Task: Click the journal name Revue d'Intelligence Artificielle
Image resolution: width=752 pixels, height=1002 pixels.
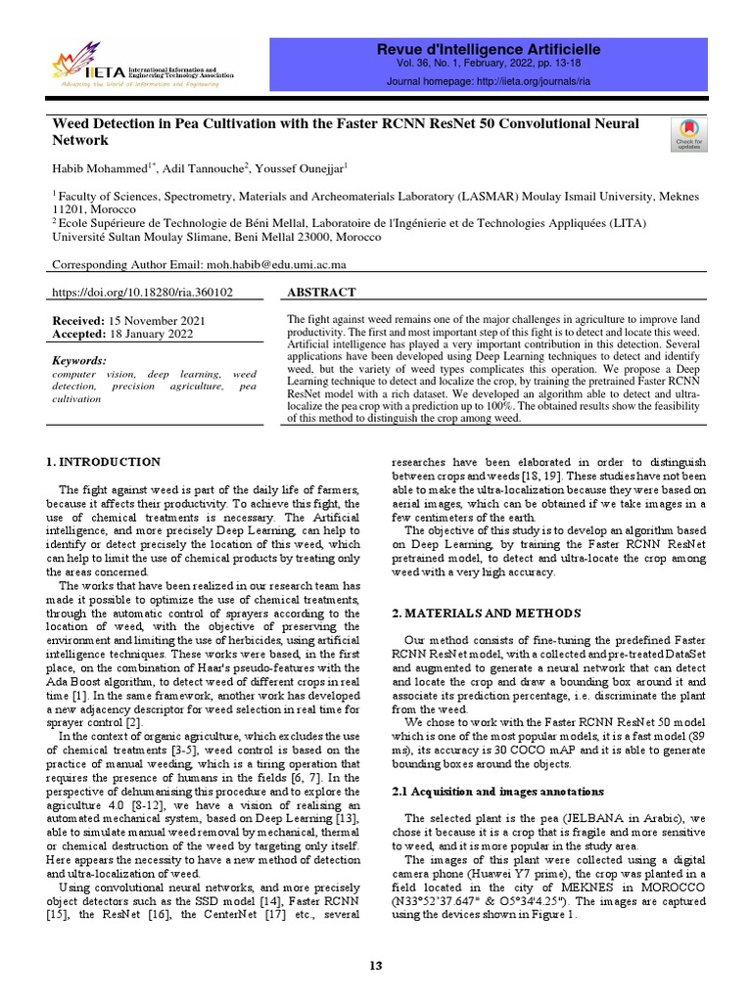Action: click(489, 49)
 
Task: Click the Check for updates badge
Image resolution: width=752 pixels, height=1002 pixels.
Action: click(689, 134)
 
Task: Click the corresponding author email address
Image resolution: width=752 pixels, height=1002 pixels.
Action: click(275, 264)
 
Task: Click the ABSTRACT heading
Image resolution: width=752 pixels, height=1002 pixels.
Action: click(321, 293)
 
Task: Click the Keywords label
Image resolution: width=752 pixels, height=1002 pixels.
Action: click(79, 360)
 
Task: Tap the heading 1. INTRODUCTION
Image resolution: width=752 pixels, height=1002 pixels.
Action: click(105, 462)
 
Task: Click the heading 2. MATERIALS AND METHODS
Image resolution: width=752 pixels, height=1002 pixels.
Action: click(486, 614)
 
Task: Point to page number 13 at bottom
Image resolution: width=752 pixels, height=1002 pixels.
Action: click(375, 967)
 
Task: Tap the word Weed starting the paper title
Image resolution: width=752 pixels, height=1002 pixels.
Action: click(70, 124)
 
